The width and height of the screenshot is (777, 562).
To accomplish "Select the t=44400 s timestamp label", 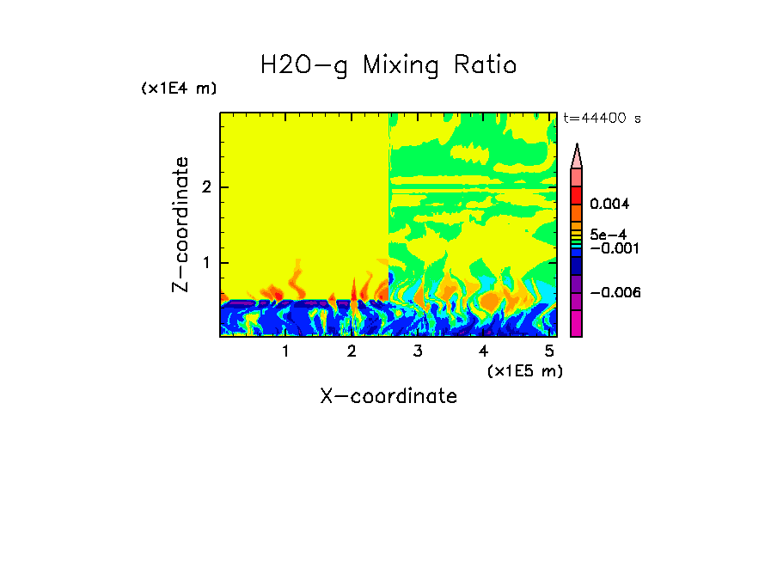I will [602, 119].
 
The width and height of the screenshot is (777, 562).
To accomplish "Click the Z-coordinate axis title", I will [180, 224].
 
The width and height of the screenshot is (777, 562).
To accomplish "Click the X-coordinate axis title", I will [388, 396].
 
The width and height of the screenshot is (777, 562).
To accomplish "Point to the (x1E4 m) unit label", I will [179, 89].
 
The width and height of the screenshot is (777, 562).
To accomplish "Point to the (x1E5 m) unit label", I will [524, 370].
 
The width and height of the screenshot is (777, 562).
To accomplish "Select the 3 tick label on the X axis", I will [418, 351].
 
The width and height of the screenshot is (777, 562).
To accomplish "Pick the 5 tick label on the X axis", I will [549, 351].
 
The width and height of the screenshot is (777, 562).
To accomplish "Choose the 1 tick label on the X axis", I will [285, 351].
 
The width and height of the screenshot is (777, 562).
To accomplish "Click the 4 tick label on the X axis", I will [483, 351].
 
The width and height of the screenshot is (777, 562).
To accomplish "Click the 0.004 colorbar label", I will [610, 205].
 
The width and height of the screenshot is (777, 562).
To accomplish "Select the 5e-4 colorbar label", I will [609, 234].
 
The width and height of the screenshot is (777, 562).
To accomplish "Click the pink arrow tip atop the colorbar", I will [577, 156].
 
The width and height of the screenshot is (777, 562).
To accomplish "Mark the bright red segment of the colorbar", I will [577, 194].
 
